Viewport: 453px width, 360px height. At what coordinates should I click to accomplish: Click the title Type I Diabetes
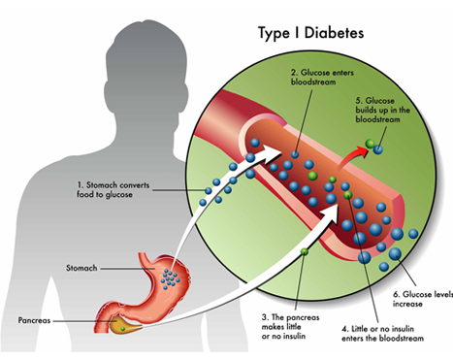tap(310, 31)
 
